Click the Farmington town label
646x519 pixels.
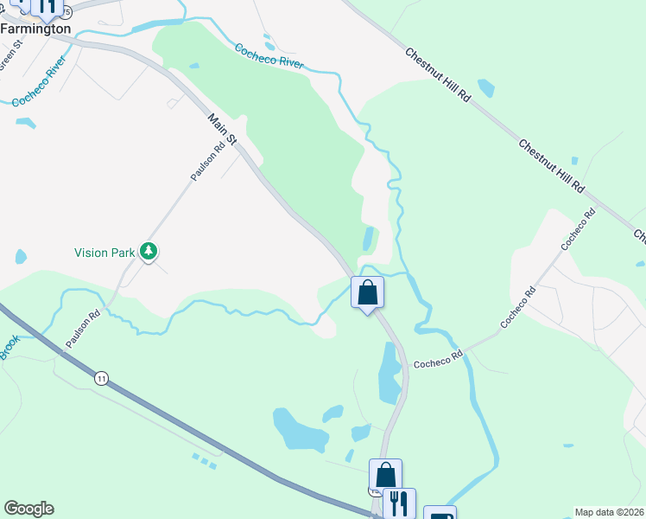point(35,29)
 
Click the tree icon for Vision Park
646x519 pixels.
point(149,252)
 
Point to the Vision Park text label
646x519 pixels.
point(104,253)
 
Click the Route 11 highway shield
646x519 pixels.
point(102,378)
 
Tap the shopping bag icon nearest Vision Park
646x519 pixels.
point(367,292)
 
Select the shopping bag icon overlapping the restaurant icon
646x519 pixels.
point(385,475)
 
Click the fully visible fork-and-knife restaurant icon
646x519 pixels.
point(399,503)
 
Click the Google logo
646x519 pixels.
point(28,509)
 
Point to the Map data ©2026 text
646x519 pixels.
point(609,512)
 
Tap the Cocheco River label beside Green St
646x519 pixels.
point(40,83)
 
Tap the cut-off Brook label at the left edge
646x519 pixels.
point(9,348)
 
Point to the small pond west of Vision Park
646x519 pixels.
point(20,257)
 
